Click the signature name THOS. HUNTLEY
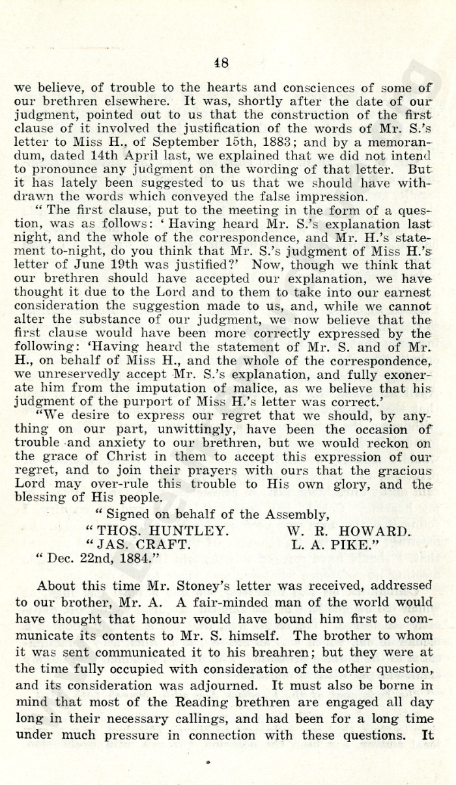point(162,512)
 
